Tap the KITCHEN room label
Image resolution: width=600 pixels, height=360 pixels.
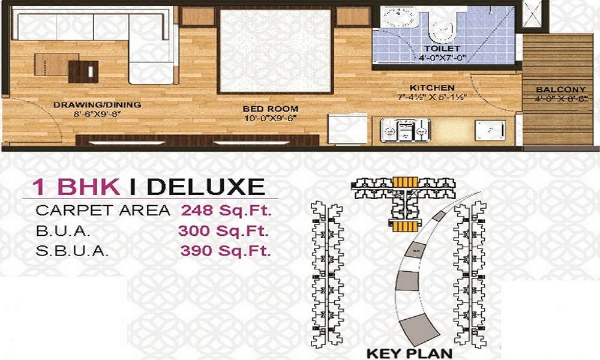point(432,88)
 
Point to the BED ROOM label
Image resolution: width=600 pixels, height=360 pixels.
point(270,109)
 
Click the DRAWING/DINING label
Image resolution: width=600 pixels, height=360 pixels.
point(97,104)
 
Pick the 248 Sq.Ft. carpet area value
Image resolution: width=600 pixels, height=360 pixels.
point(226,211)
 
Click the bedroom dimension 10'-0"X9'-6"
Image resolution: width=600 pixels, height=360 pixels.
point(270,118)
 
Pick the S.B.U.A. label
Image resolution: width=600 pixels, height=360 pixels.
point(73,251)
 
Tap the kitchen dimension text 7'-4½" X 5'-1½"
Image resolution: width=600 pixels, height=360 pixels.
point(432,97)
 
